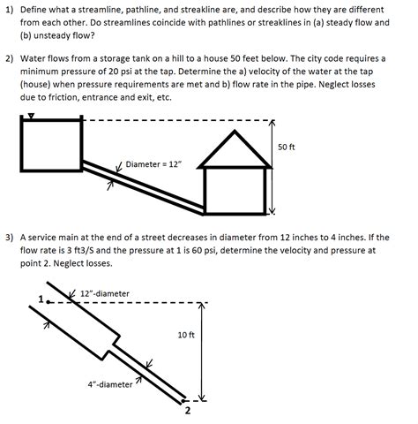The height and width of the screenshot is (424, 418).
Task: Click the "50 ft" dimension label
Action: (x=286, y=147)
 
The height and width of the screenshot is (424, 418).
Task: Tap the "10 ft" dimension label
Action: (x=186, y=335)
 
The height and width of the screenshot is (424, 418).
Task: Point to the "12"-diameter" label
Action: (x=105, y=293)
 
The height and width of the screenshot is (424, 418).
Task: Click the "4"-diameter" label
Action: (x=110, y=384)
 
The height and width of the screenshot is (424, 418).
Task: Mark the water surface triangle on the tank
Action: (x=31, y=116)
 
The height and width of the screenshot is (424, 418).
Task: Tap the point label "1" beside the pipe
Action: (x=41, y=299)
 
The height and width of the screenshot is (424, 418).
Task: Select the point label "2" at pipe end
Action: (x=188, y=410)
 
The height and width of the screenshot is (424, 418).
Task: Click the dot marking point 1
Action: (x=48, y=302)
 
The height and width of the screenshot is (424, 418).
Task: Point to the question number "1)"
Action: (x=10, y=10)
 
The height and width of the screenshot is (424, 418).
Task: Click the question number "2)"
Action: (x=10, y=58)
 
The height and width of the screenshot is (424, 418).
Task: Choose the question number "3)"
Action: (x=10, y=238)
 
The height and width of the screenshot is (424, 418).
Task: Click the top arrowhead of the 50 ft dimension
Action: (x=272, y=122)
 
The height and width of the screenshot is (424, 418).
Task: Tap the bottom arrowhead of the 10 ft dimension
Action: (x=201, y=397)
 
